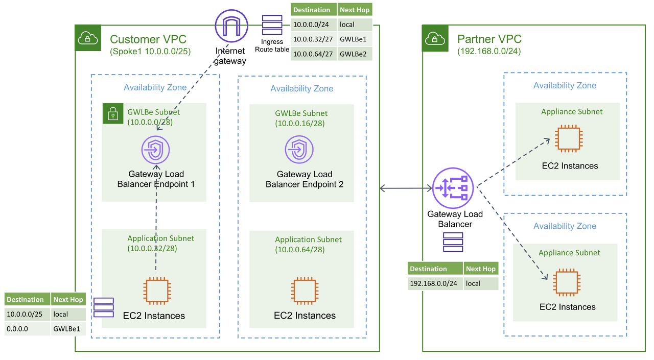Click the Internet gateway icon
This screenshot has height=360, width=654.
click(231, 26)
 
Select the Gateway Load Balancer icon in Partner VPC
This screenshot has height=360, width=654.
click(453, 188)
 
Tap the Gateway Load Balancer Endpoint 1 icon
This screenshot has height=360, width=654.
click(156, 150)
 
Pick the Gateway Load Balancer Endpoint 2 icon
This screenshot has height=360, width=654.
click(299, 150)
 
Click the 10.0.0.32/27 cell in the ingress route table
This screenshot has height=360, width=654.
click(314, 39)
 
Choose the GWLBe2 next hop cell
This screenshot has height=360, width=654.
click(355, 54)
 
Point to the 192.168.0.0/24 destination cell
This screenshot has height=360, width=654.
click(435, 283)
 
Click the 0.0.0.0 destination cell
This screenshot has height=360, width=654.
click(27, 329)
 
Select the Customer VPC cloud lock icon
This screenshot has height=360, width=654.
click(88, 38)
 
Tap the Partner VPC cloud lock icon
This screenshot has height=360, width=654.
click(435, 38)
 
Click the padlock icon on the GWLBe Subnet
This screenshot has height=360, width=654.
click(113, 113)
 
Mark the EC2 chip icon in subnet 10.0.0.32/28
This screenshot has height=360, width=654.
click(157, 291)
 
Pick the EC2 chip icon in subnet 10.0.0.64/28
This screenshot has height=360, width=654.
click(305, 291)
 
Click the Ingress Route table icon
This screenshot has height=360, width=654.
click(272, 25)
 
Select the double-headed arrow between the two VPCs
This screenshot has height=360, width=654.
click(406, 188)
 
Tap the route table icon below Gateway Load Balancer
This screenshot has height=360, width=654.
click(453, 242)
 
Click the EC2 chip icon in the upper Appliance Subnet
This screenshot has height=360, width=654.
click(569, 138)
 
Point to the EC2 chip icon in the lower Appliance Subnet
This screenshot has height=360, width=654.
click(567, 282)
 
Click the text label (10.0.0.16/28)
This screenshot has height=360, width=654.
click(299, 123)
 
